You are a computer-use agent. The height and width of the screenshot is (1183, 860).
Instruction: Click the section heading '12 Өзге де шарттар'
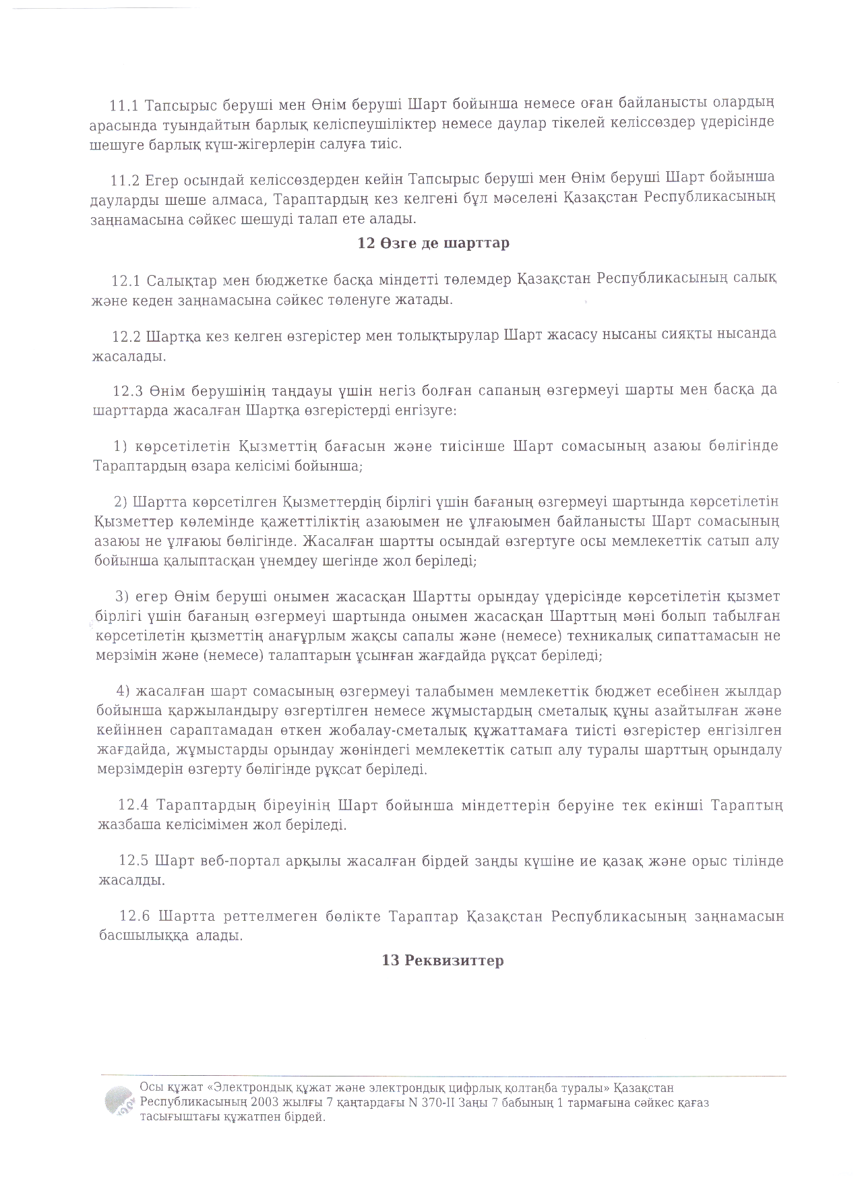(x=433, y=243)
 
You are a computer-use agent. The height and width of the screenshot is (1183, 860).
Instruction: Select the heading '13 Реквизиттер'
(x=443, y=961)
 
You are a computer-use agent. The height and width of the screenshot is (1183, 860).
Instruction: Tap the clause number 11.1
(x=124, y=105)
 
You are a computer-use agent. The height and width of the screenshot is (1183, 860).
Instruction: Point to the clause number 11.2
(x=125, y=180)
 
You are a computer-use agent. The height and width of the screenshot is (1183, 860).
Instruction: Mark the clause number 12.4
(x=133, y=806)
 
